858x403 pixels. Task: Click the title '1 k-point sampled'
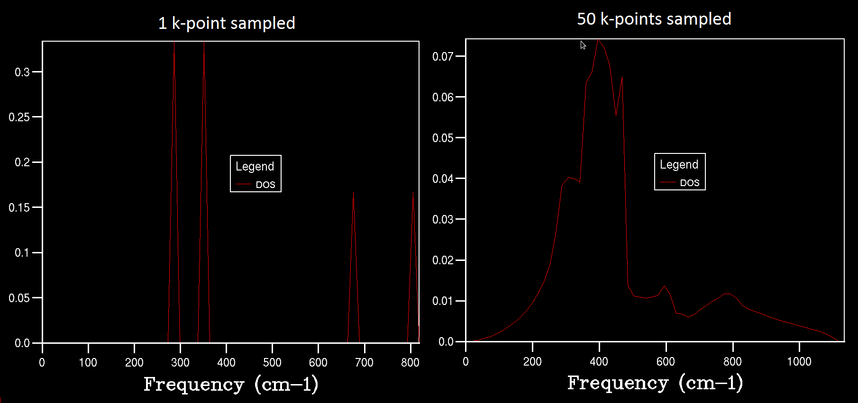click(227, 23)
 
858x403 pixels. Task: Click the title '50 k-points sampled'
click(654, 19)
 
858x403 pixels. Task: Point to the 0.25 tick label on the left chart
click(19, 117)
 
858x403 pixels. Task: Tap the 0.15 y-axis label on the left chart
click(19, 207)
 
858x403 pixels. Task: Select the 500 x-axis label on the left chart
click(272, 363)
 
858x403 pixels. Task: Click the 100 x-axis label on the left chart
click(88, 363)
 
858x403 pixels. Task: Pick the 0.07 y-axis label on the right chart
click(443, 57)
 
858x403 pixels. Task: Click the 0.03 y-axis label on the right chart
click(443, 220)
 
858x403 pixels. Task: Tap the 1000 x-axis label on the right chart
click(799, 362)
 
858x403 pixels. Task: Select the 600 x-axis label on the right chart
click(666, 362)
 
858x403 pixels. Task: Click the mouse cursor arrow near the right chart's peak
click(583, 45)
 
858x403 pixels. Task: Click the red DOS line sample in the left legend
click(243, 184)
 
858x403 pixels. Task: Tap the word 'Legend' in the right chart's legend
click(679, 164)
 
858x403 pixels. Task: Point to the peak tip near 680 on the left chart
click(353, 193)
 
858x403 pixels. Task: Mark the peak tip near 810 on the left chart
click(413, 193)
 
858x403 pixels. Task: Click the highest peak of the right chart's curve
click(598, 40)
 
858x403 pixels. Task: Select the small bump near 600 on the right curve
click(665, 286)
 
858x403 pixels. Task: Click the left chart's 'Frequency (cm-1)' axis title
click(231, 384)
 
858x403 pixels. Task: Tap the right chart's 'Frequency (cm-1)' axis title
click(655, 383)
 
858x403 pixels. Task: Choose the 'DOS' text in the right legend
click(690, 183)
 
